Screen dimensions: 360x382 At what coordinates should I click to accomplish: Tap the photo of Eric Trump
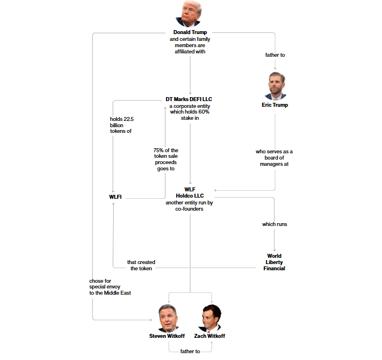[x=275, y=86]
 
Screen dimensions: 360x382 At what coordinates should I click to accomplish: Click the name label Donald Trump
[x=190, y=32]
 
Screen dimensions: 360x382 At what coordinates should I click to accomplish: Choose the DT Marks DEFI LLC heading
[x=190, y=99]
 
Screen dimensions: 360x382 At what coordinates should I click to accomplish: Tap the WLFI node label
[x=115, y=197]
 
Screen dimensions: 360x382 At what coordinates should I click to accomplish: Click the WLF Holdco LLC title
[x=190, y=192]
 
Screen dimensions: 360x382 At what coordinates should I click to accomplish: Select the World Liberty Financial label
[x=274, y=262]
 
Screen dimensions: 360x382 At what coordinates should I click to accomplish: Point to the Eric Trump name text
[x=275, y=105]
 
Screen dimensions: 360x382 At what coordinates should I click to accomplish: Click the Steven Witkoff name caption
[x=167, y=336]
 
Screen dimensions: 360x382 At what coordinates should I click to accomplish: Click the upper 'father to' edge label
[x=275, y=55]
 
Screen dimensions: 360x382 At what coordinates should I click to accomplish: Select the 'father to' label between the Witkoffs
[x=190, y=351]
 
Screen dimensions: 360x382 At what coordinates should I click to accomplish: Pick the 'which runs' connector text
[x=275, y=224]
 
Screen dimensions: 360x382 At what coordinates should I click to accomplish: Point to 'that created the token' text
[x=141, y=265]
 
